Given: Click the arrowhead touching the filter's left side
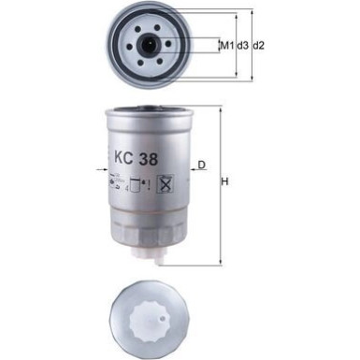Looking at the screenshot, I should [x=105, y=171].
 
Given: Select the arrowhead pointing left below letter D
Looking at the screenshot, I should [x=194, y=172].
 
